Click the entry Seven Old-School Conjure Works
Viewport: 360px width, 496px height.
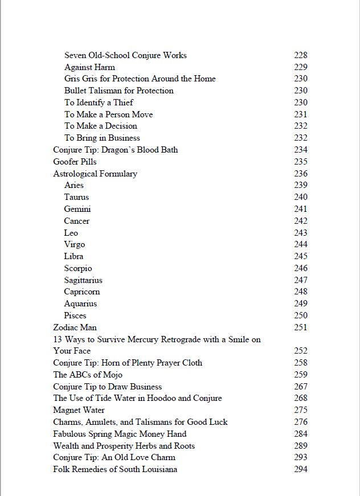point(125,55)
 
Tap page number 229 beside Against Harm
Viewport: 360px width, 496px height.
point(301,67)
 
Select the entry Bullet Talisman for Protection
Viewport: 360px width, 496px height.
point(119,91)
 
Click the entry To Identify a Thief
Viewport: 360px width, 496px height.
point(99,103)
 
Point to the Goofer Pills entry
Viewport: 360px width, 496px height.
point(75,162)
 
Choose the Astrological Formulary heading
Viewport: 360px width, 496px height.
point(95,174)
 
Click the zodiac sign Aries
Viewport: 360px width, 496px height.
point(74,185)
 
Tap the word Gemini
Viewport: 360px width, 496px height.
point(77,209)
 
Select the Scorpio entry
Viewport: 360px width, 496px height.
point(78,268)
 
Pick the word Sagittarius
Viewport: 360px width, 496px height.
point(83,280)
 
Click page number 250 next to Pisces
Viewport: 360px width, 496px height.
point(301,315)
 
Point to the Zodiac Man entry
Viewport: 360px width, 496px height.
point(75,327)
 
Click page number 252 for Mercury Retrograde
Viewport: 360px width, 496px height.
point(301,351)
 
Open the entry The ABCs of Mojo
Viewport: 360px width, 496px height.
point(88,375)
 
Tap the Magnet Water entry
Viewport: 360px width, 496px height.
point(79,410)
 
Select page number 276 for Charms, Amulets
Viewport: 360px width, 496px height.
point(301,422)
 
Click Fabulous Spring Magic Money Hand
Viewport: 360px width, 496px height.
point(120,434)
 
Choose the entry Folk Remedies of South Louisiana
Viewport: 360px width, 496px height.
point(115,469)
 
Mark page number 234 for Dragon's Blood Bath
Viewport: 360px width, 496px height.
point(301,150)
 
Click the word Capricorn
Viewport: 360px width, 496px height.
point(82,292)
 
